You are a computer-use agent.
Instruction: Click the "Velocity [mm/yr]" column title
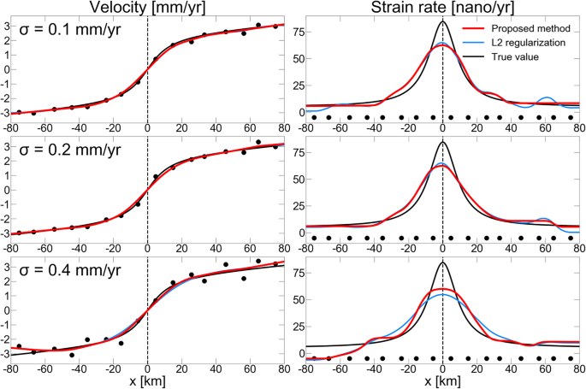click(x=147, y=9)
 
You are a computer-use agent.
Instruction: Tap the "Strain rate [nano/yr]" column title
click(x=441, y=9)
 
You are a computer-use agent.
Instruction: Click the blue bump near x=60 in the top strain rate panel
click(x=548, y=98)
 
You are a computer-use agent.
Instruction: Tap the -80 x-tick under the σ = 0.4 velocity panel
click(x=11, y=368)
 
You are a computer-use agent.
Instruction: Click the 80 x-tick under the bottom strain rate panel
click(x=580, y=368)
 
